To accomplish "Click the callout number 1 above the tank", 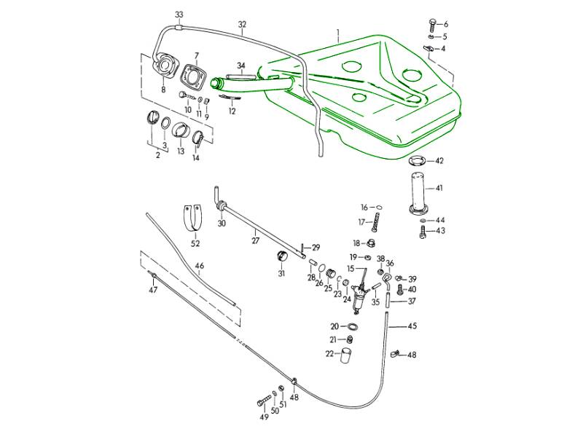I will [338, 33].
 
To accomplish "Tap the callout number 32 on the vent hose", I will [243, 23].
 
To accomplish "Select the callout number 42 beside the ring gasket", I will [439, 161].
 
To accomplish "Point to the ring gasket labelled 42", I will [416, 161].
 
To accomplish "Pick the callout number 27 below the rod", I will [255, 241].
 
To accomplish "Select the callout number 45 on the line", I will [412, 326].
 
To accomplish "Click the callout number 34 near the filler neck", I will [241, 65].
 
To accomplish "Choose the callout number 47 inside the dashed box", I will [153, 290].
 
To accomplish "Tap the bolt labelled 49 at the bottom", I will [262, 401].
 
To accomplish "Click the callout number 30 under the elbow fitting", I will [222, 224].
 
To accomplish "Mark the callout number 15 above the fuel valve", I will [351, 269].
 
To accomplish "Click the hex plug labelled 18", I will [370, 243].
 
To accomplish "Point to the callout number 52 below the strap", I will [195, 244].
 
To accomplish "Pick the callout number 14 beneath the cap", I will [195, 157].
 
